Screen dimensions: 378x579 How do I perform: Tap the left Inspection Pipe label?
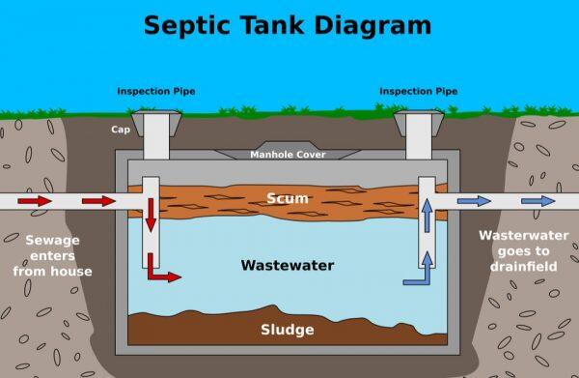pos(156,92)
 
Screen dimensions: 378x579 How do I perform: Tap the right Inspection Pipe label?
pos(419,92)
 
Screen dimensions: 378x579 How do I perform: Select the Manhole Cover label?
pos(288,155)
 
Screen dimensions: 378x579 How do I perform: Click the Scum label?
pos(288,199)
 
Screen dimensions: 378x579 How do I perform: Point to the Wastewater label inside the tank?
pos(288,265)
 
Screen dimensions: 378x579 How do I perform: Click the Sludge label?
pos(288,331)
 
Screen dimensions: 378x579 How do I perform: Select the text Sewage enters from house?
pos(52,255)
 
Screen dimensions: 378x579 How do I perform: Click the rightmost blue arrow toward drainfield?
pos(538,201)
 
